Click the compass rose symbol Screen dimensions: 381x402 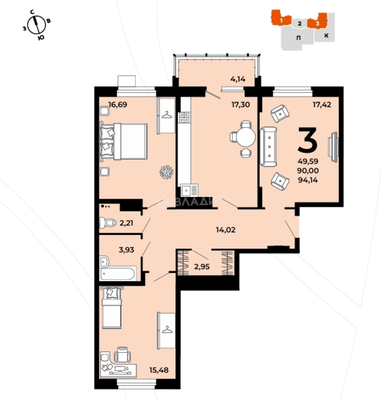coord(37,25)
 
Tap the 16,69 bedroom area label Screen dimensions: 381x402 coord(117,105)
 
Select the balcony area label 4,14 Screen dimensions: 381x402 coord(238,79)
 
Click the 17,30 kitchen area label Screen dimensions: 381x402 coord(240,105)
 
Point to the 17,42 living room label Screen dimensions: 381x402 coord(322,105)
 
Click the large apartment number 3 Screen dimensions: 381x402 coord(307,140)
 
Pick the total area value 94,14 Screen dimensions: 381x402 coord(308,180)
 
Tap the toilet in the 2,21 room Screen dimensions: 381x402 coord(108,223)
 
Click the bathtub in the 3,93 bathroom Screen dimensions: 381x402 coord(117,274)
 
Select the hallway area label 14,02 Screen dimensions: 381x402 coord(226,230)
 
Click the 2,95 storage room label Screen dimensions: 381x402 coord(202,267)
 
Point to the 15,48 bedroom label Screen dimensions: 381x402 coord(159,370)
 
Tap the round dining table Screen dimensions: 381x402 coord(246,137)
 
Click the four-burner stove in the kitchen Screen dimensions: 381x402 coord(185,117)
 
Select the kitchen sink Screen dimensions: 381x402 coord(189,191)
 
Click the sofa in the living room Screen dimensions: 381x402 coord(268,147)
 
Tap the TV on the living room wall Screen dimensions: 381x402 coord(333,147)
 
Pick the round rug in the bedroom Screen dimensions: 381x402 coord(167,172)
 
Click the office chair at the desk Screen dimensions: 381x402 coord(122,355)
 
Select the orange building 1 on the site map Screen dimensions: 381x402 coord(281,18)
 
